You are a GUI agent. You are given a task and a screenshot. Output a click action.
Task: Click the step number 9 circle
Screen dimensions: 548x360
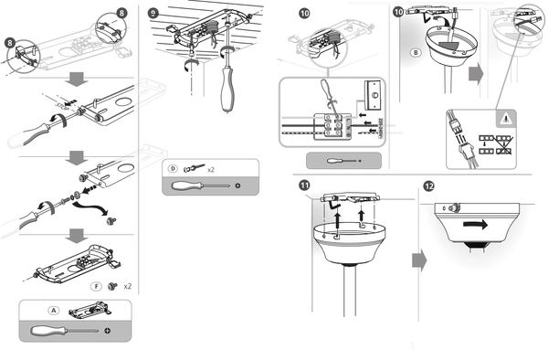(153, 14)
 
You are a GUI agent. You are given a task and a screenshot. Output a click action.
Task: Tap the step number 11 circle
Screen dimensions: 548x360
(304, 185)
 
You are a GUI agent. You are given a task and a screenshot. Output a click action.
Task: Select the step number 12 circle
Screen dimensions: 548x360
(428, 186)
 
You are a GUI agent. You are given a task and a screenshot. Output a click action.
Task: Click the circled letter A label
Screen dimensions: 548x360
(54, 311)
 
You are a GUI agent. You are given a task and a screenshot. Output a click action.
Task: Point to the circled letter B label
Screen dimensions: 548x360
(416, 53)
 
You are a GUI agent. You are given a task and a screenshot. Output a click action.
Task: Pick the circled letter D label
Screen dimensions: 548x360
(173, 169)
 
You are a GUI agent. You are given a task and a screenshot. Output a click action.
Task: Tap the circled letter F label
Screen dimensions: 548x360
(96, 286)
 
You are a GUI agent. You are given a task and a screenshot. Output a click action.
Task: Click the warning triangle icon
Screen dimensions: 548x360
(505, 119)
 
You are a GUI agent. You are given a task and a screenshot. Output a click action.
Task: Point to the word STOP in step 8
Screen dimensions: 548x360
(62, 104)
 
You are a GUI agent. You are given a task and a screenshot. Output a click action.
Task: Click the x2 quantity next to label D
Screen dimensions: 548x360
(211, 170)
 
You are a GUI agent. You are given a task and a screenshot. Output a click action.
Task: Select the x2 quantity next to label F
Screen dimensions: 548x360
(128, 287)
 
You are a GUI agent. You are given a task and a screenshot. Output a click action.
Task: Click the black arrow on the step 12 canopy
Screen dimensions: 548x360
(475, 225)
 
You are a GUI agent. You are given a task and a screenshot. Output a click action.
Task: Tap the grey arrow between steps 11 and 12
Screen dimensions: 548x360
(419, 260)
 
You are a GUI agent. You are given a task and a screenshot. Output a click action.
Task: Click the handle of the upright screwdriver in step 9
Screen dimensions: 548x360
(227, 90)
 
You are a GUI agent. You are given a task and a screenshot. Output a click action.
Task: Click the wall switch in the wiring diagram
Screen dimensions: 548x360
(375, 94)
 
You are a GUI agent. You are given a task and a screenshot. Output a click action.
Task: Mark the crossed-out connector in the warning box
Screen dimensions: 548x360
(503, 145)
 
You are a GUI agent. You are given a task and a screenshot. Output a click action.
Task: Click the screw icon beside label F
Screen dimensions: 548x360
(112, 286)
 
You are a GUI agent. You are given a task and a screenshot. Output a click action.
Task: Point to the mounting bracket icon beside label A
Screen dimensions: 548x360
(90, 310)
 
